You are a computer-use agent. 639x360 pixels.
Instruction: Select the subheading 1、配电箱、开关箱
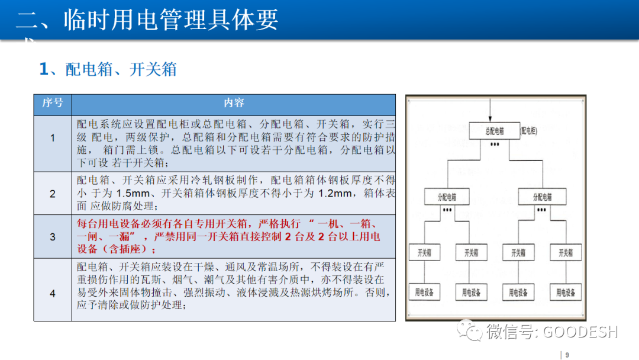(108, 69)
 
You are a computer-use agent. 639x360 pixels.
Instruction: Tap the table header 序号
(52, 103)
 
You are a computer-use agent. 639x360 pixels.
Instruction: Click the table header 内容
(234, 103)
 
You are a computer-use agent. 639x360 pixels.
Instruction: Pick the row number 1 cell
(52, 138)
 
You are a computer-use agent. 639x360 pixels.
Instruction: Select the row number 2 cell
(52, 194)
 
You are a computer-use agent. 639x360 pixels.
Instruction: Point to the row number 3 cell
(52, 237)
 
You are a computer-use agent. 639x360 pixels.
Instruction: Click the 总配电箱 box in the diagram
(494, 131)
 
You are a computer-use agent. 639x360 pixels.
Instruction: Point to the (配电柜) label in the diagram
(529, 130)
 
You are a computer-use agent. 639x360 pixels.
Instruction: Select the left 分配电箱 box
(447, 197)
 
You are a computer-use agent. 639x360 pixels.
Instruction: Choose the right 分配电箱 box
(542, 197)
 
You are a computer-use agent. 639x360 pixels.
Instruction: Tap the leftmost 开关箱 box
(424, 253)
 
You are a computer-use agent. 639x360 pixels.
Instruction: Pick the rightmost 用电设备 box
(566, 292)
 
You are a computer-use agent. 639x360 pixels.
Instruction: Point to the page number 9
(567, 355)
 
